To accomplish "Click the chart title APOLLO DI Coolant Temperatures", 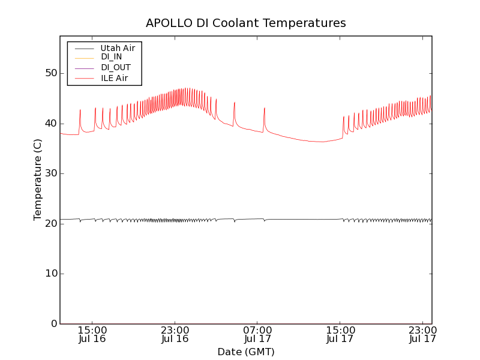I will (x=246, y=23).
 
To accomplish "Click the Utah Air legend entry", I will (x=118, y=48).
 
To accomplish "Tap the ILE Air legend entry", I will (x=114, y=78).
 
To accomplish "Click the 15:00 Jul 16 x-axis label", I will (x=92, y=334).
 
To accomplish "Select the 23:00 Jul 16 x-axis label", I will (x=175, y=334).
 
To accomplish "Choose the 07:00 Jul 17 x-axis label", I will (x=257, y=334).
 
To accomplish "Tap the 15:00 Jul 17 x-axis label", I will (x=340, y=334).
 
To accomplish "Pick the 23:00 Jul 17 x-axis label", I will (x=422, y=334).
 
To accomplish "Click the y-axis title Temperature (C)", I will (x=38, y=180).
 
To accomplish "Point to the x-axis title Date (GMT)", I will (x=246, y=352).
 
